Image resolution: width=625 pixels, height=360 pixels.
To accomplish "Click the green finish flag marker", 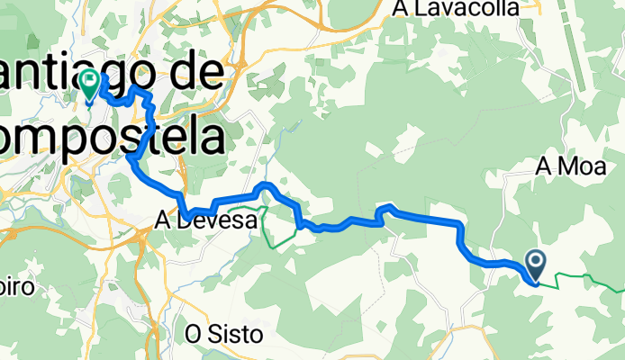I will (x=90, y=86).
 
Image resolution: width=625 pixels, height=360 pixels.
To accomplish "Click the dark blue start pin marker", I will (x=535, y=265).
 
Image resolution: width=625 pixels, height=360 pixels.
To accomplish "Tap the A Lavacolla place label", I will (x=456, y=8).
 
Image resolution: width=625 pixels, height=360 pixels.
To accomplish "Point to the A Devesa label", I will (x=213, y=219).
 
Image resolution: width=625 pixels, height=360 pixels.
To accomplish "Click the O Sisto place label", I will (x=223, y=334).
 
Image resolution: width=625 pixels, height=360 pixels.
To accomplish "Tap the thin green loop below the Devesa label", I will (x=280, y=236).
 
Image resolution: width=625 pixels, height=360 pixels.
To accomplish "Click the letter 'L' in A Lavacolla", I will (x=421, y=8).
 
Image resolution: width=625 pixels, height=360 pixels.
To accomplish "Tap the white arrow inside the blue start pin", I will (x=535, y=262).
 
